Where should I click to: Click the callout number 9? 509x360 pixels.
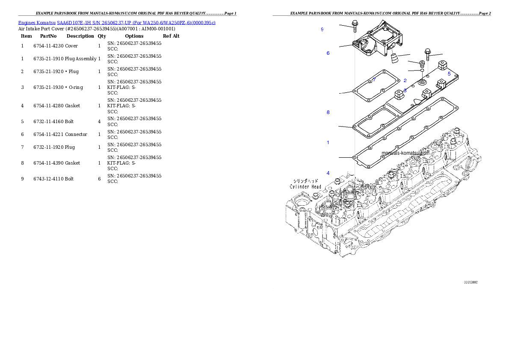click(322, 30)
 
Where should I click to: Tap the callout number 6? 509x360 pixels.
click(328, 53)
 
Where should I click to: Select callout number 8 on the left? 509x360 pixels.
click(328, 112)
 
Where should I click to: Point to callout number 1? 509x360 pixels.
click(328, 142)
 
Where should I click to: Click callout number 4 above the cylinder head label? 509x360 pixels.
click(328, 173)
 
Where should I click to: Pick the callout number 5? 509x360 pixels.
click(449, 74)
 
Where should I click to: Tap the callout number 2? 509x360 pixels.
click(405, 80)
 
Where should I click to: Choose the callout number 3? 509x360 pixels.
click(405, 91)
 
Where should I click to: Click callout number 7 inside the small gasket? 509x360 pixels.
click(374, 80)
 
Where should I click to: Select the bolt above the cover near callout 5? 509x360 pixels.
click(427, 55)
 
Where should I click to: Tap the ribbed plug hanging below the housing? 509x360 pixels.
click(394, 57)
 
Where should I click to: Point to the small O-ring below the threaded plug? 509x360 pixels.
click(422, 71)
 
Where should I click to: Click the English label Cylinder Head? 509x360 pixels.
click(305, 186)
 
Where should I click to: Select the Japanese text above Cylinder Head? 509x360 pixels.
click(305, 180)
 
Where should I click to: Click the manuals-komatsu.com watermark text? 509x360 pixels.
click(405, 152)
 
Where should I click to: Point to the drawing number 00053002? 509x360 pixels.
click(471, 282)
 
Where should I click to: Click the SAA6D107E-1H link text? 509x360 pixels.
click(74, 22)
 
